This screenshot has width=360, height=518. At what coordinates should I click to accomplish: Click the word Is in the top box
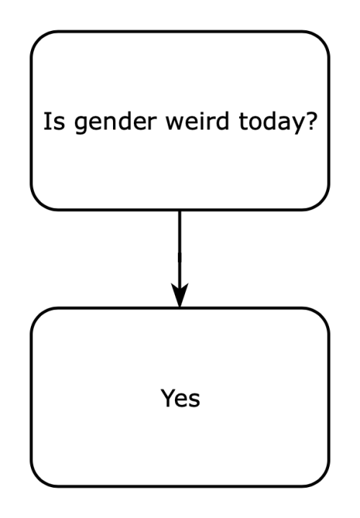coord(55,122)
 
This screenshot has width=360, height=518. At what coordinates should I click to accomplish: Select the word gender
coord(115,123)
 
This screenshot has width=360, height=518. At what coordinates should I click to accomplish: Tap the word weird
coord(197,121)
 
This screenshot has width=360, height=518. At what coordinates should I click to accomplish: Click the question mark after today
coord(311,121)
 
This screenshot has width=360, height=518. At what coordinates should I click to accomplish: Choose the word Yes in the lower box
coord(180,398)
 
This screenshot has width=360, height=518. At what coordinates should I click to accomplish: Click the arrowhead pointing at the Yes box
coord(179,295)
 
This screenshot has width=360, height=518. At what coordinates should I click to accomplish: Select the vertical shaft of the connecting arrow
coord(179,247)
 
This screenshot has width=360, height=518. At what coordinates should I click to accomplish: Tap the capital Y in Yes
coord(168,398)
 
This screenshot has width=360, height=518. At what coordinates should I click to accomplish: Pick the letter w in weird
coord(175,123)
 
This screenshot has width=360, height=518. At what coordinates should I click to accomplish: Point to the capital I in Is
coord(46,122)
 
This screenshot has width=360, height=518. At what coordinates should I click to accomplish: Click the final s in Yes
coord(194,400)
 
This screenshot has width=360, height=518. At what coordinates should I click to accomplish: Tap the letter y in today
coord(295,125)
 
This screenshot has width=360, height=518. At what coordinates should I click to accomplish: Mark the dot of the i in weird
coord(202,114)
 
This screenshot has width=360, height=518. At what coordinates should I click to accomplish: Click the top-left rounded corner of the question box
coord(38,39)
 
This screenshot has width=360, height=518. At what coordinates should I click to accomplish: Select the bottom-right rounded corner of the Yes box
coord(321,478)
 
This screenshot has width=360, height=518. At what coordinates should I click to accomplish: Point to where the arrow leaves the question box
coord(179,210)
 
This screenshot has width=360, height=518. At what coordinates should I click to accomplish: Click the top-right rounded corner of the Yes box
coord(321,316)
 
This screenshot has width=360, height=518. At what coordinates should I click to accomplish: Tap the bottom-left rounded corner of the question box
coord(38,202)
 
